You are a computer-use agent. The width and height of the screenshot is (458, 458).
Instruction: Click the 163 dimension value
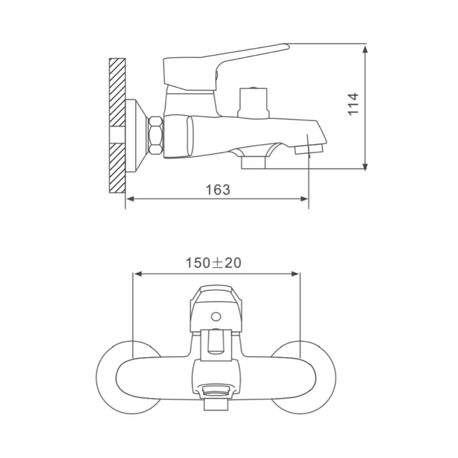(218, 190)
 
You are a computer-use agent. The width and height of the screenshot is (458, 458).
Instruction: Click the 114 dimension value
(353, 104)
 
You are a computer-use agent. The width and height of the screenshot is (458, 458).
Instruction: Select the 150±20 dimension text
(214, 263)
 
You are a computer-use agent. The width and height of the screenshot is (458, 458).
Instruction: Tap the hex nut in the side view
(155, 135)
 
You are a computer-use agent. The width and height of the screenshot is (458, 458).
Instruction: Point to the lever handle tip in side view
(287, 46)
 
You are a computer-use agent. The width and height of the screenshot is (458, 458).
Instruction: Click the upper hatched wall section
(117, 92)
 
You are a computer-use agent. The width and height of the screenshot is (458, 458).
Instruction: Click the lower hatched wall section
(117, 168)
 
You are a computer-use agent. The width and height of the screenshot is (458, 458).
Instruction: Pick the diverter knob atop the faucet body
(253, 103)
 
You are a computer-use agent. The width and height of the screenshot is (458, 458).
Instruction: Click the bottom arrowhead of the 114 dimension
(365, 165)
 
